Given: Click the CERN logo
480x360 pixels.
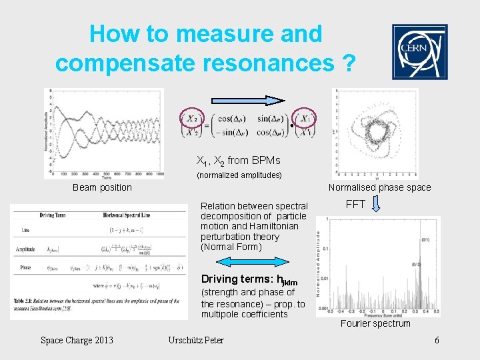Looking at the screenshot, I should (x=419, y=52).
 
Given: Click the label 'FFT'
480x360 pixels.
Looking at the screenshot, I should (x=355, y=204).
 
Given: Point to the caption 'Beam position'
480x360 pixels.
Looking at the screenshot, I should (x=102, y=187).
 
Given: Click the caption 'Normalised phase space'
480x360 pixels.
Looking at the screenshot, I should (x=379, y=187).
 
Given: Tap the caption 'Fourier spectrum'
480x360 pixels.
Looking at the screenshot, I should (x=375, y=323).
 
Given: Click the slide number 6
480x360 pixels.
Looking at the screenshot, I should (x=437, y=341).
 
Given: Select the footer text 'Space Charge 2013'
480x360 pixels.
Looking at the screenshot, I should (x=77, y=341).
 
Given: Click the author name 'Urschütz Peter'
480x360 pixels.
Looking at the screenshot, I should (x=196, y=341).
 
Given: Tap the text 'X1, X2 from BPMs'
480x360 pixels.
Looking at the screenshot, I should (x=238, y=161).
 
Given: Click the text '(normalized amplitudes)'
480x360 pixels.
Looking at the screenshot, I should (x=239, y=175).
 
